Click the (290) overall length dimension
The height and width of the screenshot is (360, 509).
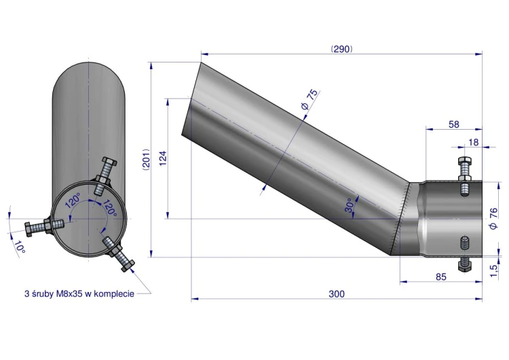(341, 49)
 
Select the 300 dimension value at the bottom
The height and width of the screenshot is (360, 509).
(337, 293)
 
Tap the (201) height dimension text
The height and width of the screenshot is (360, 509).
(147, 160)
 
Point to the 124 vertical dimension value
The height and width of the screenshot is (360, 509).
(163, 158)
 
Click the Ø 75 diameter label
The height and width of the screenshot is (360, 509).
(309, 99)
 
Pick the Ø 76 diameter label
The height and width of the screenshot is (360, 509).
(493, 219)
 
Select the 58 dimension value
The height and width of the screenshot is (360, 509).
(453, 124)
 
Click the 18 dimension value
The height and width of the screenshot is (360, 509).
(474, 143)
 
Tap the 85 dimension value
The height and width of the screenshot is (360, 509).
(441, 277)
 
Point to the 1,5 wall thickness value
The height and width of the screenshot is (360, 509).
(493, 271)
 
